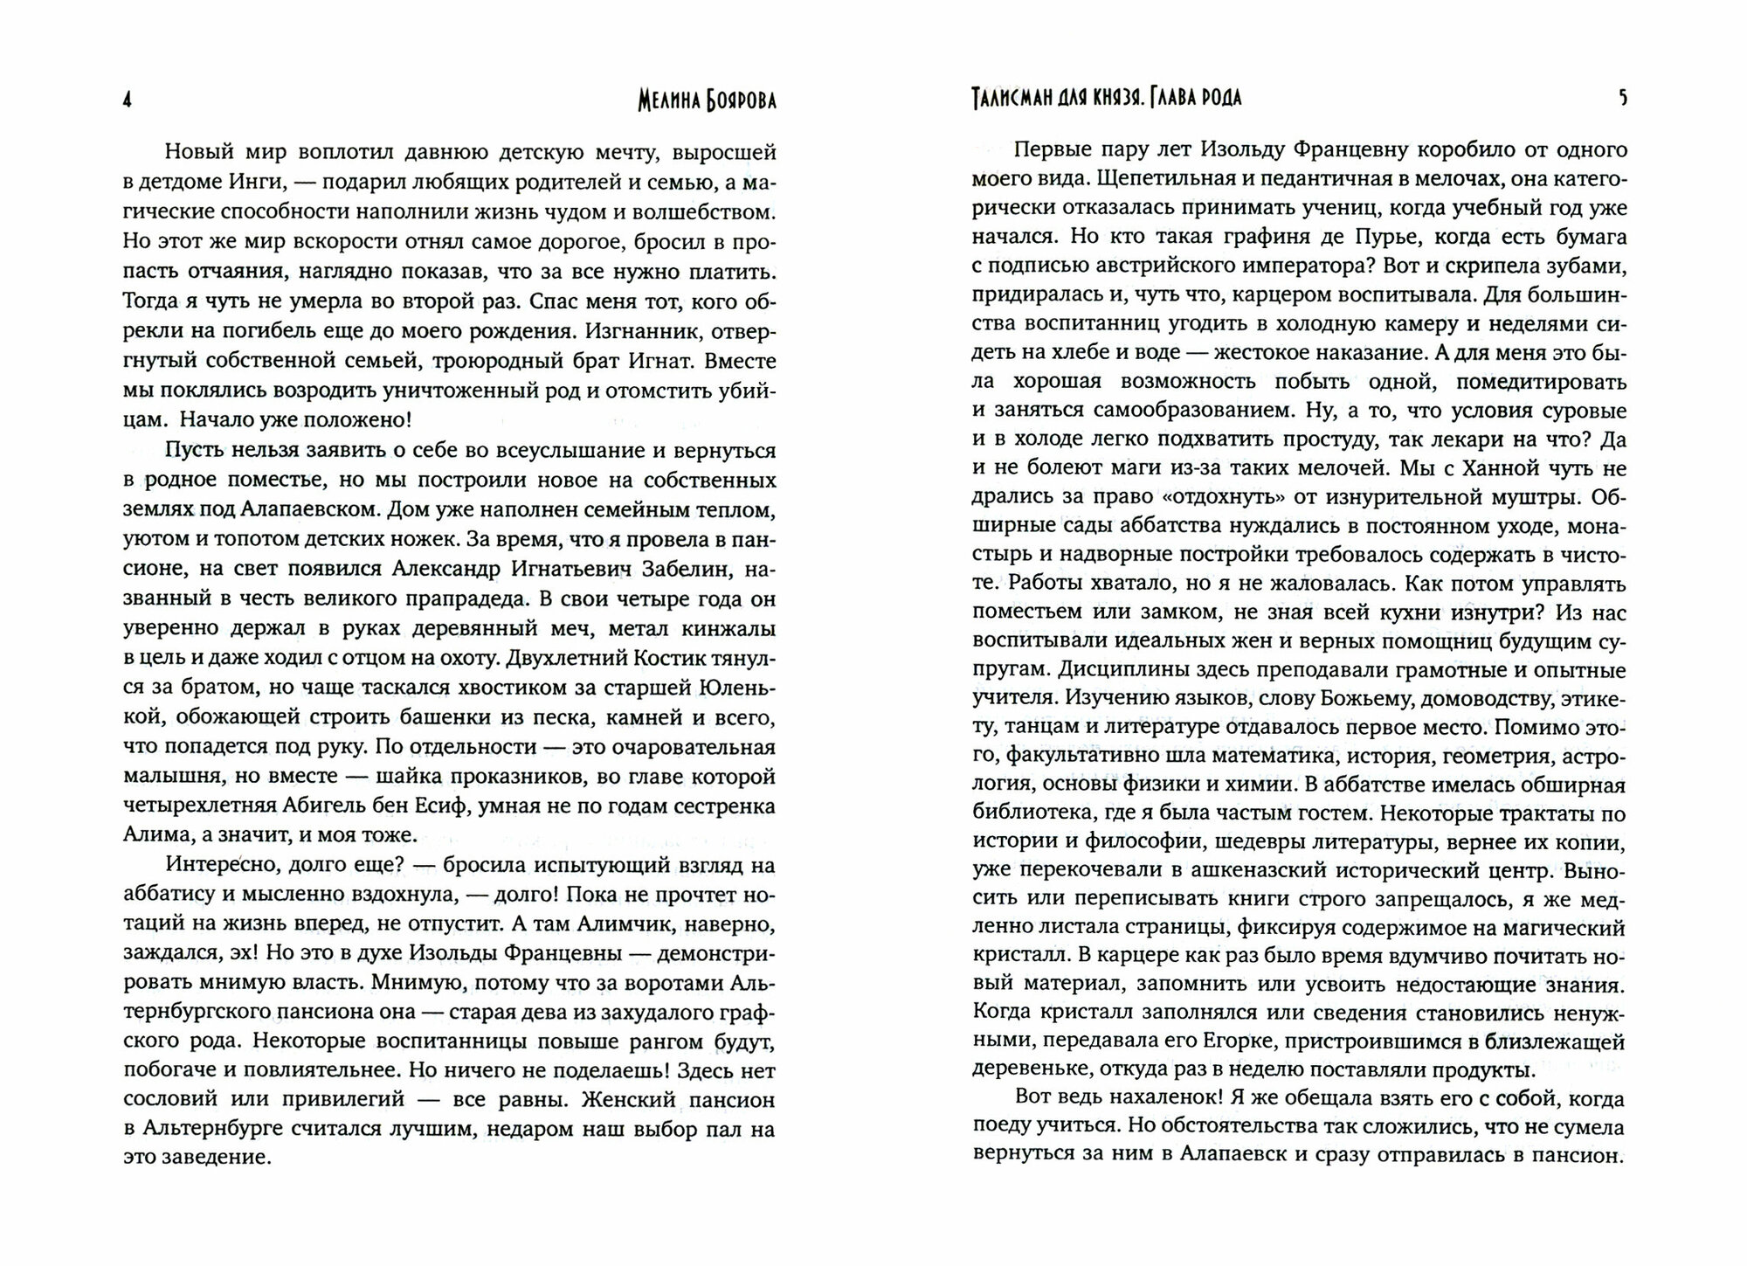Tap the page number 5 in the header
(x=1623, y=99)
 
